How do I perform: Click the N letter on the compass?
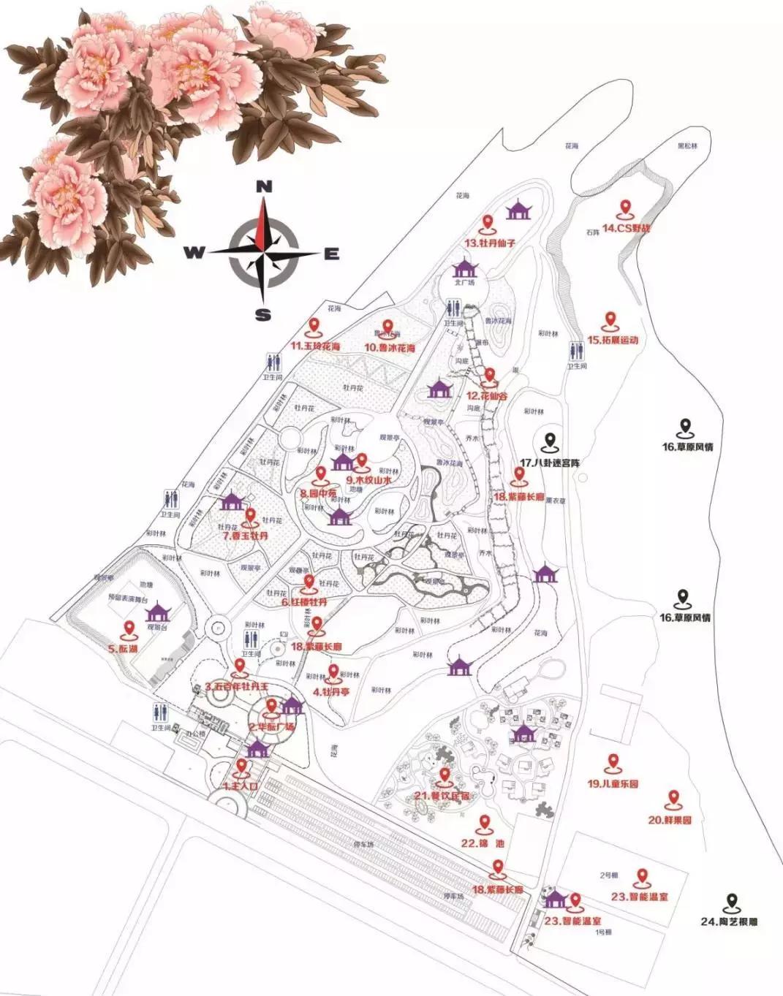pos(265,186)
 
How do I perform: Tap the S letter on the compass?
pos(264,316)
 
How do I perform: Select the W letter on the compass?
pos(194,253)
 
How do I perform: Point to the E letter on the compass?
pos(332,254)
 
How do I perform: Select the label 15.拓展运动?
pos(613,340)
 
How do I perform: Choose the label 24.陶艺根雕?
pos(729,921)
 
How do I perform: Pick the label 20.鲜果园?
pos(670,820)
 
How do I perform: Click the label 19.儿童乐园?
pos(613,784)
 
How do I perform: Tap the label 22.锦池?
pos(483,843)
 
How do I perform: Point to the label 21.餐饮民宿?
pos(442,795)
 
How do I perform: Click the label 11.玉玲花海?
pos(316,346)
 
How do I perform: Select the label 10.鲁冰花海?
pos(390,348)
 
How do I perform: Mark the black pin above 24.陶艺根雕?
pos(730,902)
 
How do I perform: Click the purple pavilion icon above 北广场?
pos(464,269)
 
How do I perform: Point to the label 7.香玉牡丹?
pos(246,535)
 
